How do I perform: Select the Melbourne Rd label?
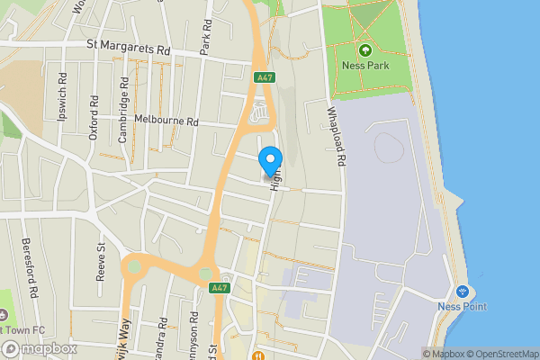(166, 120)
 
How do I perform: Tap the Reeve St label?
(101, 262)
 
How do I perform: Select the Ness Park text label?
(364, 65)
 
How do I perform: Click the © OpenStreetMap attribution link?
(499, 354)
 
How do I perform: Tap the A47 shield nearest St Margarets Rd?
(264, 77)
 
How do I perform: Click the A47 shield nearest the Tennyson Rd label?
(217, 288)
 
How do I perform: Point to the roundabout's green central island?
(135, 266)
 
